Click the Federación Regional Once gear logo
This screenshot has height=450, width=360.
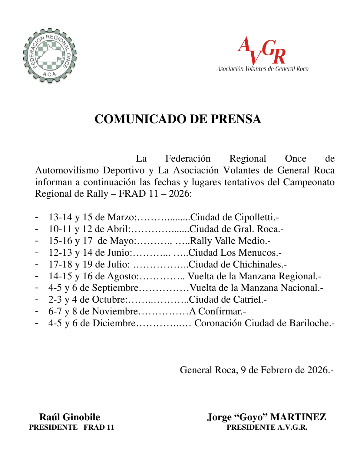click(x=50, y=56)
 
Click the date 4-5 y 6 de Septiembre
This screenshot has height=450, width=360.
click(x=93, y=288)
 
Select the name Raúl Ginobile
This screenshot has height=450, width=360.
click(x=70, y=417)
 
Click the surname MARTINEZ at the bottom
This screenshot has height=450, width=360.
click(x=298, y=417)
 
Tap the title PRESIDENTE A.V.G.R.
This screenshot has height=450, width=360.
click(x=267, y=427)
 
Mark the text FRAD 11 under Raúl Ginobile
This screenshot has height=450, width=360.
click(x=99, y=427)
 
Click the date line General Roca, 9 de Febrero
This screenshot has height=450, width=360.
click(x=256, y=370)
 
